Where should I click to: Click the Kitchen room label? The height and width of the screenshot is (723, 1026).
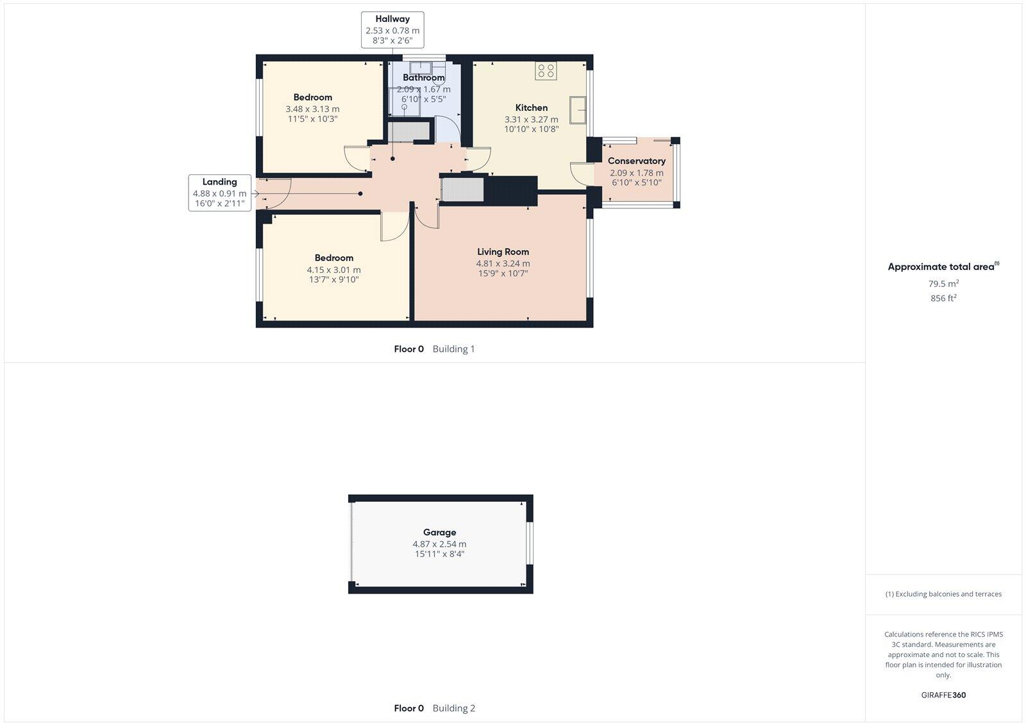(x=531, y=108)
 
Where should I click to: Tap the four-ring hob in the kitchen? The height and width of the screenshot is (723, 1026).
(x=546, y=71)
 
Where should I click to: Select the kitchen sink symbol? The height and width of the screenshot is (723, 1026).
(x=579, y=110)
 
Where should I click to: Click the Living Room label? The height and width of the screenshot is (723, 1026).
(x=503, y=252)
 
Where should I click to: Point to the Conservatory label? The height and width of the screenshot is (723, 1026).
(x=636, y=161)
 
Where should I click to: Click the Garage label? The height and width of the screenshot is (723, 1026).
(x=439, y=532)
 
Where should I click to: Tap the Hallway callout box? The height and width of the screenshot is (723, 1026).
(x=392, y=29)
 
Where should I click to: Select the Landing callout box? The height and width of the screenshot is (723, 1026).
(x=219, y=192)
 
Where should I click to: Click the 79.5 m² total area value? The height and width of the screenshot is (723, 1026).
(x=943, y=283)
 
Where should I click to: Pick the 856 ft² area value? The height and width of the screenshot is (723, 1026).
(x=943, y=298)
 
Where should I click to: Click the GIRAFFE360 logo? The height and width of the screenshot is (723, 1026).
(x=943, y=695)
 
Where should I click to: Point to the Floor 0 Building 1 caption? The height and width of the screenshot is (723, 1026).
(x=434, y=349)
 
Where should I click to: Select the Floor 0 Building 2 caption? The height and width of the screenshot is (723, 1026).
(x=434, y=708)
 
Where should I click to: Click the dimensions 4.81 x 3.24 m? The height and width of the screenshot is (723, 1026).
(x=503, y=263)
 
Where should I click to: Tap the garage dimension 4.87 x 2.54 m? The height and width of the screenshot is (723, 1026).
(x=439, y=544)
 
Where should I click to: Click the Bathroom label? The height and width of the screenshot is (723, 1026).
(x=423, y=78)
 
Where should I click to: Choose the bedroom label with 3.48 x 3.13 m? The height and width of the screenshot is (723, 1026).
(x=313, y=97)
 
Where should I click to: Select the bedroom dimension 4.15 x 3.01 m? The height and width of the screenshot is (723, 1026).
(x=333, y=270)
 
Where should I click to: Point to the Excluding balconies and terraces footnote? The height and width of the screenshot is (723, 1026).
(x=943, y=594)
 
